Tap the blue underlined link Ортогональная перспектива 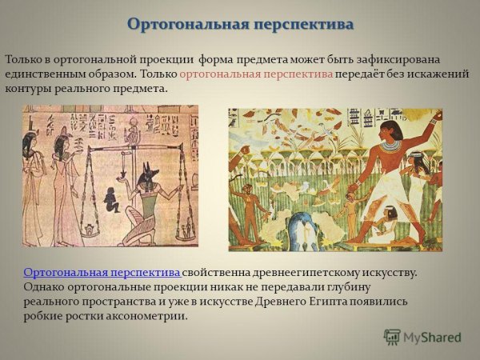coord(102,273)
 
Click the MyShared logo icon coord(392,337)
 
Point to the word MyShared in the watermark coord(432,338)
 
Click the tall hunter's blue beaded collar coord(390,146)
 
